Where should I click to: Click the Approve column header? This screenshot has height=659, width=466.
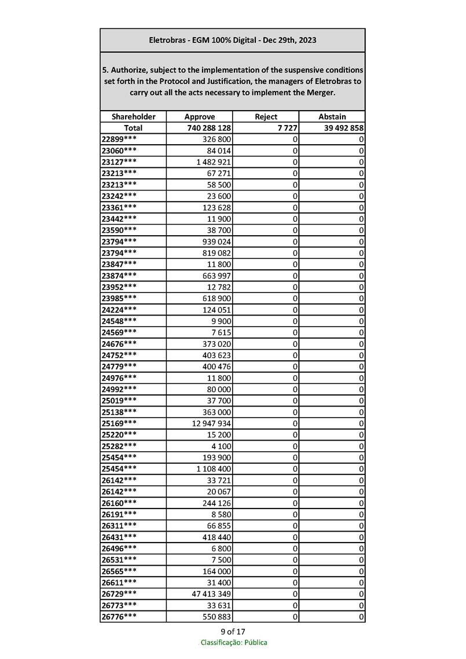coord(199,116)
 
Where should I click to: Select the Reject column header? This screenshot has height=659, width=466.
coord(266,116)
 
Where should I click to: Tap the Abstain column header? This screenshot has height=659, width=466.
coord(332,116)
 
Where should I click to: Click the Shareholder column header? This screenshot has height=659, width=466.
coord(133,116)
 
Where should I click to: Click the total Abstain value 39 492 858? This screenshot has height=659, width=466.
coord(341,128)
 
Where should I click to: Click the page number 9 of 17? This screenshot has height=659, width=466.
coord(233,631)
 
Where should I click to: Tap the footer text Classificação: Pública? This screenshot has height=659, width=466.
coord(234,642)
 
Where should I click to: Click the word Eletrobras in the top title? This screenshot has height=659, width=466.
coord(168,41)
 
